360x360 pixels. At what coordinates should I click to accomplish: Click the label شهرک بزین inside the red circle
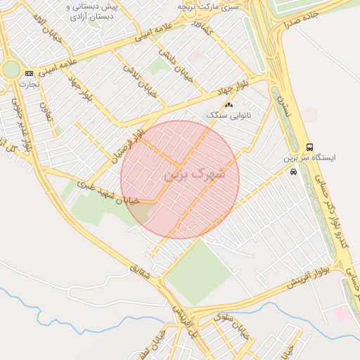[x=195, y=174]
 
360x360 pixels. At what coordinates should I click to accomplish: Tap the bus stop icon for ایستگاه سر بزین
[x=310, y=146]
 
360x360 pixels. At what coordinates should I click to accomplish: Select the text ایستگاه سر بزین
[x=310, y=158]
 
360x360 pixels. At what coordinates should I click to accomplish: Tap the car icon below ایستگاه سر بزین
[x=293, y=171]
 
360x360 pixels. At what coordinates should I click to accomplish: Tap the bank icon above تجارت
[x=29, y=73]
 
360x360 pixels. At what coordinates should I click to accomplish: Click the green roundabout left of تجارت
[x=11, y=69]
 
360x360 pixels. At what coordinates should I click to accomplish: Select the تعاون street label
[x=46, y=111]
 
